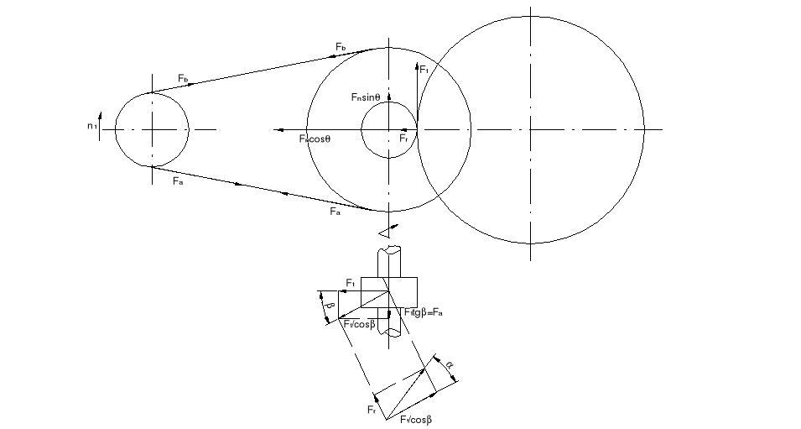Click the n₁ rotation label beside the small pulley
pos(91,126)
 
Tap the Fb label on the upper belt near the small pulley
pos(183,78)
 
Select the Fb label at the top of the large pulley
pos(341,45)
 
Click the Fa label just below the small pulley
pos(177,180)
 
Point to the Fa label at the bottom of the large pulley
pos(335,212)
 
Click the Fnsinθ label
pos(366,97)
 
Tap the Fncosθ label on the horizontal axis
pos(315,138)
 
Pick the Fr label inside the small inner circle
pos(403,138)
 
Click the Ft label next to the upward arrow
pos(424,70)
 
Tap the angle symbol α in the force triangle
pos(450,365)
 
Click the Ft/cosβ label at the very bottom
pos(415,420)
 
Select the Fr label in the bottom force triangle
pos(372,410)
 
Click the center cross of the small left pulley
pos(152,129)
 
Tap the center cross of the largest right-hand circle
pos(531,129)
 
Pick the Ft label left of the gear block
pos(351,283)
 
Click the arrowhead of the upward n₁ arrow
pos(99,114)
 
